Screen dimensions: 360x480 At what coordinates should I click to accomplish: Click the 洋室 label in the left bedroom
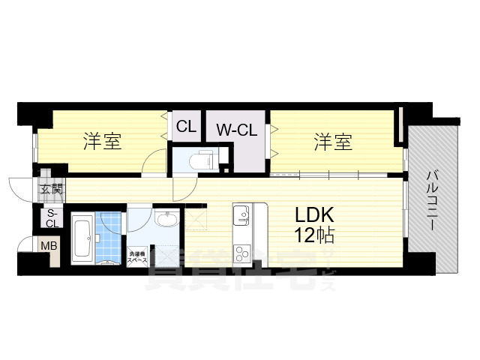pos(103,141)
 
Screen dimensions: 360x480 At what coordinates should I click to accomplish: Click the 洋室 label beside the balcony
pos(333,141)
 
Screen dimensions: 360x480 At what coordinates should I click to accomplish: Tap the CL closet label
pos(187,127)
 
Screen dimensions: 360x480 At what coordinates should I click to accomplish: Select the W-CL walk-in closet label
pos(237,130)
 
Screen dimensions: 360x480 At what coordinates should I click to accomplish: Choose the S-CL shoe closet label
pos(52,218)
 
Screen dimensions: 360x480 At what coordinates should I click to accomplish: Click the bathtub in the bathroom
pos(82,238)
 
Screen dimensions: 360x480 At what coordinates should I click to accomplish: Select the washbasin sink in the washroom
pos(167,220)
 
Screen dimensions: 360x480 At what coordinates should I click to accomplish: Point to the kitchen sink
pos(241,216)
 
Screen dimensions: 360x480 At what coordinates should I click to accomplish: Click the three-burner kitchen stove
pos(241,251)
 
